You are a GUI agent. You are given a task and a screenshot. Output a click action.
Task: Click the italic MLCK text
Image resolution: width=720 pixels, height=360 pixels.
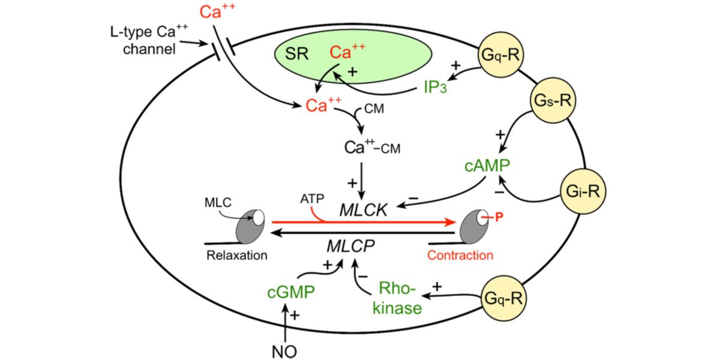(x=362, y=211)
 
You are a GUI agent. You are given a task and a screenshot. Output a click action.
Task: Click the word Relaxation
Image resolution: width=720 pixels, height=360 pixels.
(x=236, y=255)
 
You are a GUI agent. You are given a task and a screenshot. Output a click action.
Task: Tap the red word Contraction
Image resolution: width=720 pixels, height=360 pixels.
(x=460, y=255)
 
